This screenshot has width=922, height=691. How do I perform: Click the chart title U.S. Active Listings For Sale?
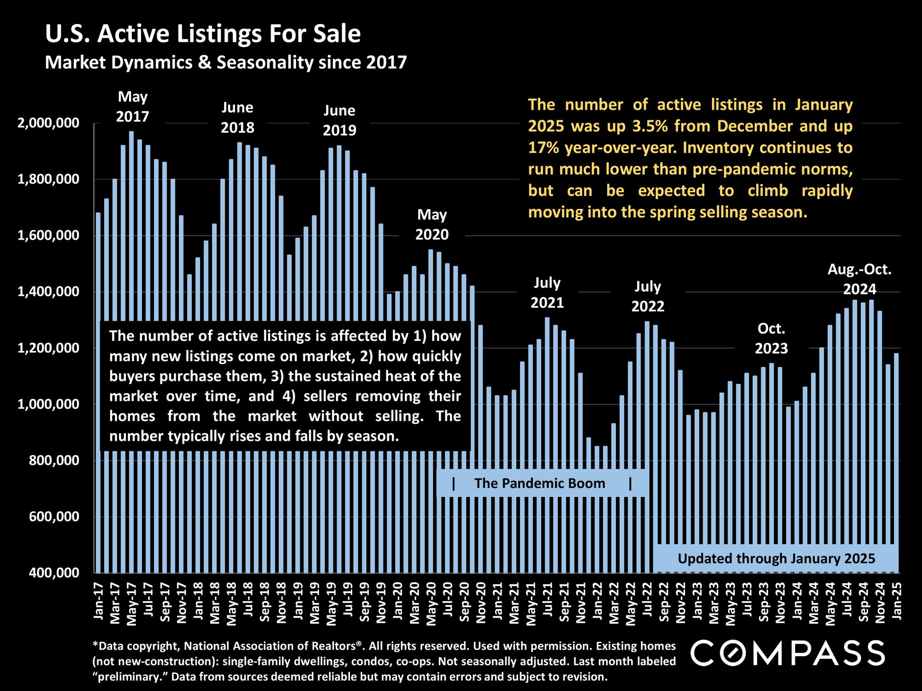[x=203, y=34]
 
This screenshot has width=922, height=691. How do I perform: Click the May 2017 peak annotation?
[x=133, y=106]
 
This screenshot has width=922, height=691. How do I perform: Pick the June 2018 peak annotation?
[x=237, y=117]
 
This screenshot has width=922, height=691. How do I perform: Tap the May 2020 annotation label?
[x=432, y=225]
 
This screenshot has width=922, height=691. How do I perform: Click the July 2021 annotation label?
[x=547, y=293]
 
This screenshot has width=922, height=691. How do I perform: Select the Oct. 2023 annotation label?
[x=771, y=339]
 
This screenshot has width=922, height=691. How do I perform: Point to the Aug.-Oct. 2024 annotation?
[x=860, y=279]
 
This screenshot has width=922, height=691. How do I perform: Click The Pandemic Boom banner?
[x=540, y=483]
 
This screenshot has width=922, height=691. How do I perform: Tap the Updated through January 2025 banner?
[x=776, y=559]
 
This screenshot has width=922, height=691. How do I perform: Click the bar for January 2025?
[x=896, y=461]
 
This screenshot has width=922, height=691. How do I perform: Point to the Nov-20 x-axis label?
[x=481, y=603]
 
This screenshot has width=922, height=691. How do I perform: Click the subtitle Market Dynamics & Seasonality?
[x=225, y=62]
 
